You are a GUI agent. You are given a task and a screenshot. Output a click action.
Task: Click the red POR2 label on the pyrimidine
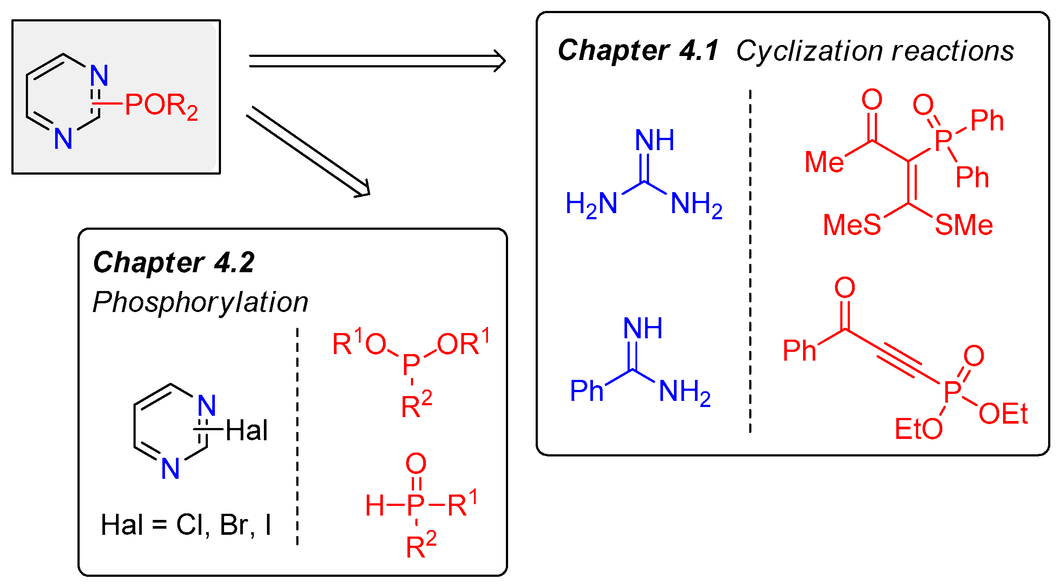[161, 106]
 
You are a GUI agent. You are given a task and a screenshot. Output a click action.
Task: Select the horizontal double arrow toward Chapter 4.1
[376, 61]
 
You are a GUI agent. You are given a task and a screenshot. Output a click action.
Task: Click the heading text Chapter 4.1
[638, 51]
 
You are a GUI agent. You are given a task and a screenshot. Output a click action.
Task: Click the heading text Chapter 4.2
[174, 263]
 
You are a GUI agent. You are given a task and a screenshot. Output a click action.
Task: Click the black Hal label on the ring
[246, 431]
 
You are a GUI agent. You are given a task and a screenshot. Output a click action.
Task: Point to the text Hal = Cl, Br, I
[186, 525]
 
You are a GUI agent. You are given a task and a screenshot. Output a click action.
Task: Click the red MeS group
[851, 225]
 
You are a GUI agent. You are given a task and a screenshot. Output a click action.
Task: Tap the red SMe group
[964, 225]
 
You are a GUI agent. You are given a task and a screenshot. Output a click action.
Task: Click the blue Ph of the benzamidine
[586, 391]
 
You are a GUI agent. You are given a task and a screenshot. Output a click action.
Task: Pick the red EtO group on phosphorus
[918, 429]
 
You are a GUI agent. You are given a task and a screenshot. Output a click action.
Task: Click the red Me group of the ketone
[824, 162]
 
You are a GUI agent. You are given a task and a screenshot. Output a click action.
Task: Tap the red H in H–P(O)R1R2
[375, 506]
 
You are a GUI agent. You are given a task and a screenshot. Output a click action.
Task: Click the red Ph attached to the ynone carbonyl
[799, 351]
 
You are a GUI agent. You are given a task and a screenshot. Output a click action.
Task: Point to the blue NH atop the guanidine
[654, 141]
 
